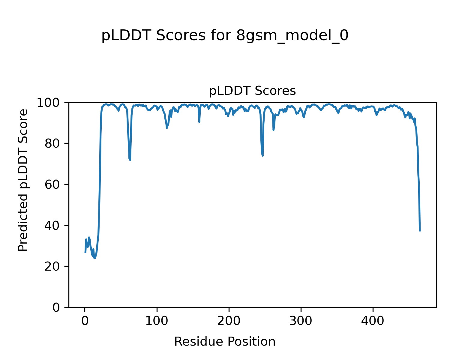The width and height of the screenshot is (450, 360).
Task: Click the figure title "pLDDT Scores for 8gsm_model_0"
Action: [225, 36]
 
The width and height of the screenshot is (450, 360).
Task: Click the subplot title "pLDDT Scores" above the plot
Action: [252, 91]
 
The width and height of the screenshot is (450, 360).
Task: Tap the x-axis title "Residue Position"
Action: [225, 342]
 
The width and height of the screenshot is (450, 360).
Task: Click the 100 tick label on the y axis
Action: [51, 103]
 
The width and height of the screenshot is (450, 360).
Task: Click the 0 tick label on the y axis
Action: [56, 307]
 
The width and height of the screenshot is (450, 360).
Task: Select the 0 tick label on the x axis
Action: [85, 321]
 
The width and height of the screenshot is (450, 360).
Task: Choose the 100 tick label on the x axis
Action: [157, 321]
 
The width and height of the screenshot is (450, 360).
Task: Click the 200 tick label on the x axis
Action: [229, 321]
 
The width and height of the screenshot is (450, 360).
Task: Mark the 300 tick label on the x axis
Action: [301, 321]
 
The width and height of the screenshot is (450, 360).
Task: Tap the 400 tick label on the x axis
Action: [373, 321]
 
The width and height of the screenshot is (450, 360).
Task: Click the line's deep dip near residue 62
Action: [130, 160]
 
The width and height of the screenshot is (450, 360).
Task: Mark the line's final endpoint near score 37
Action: [420, 231]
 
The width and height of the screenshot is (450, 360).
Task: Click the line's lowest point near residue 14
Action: [95, 258]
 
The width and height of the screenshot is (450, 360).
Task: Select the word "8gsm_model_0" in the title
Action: [292, 36]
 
